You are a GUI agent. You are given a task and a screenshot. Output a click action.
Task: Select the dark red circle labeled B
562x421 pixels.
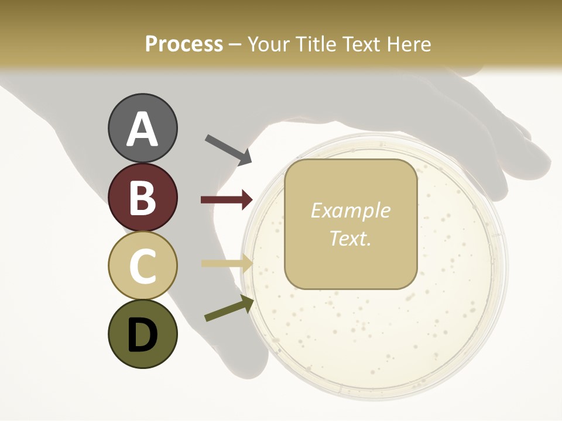pos(142,198)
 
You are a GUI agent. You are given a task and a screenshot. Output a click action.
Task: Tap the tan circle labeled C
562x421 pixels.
pos(142,266)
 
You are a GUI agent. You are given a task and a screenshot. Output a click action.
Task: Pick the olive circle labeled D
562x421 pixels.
pos(142,334)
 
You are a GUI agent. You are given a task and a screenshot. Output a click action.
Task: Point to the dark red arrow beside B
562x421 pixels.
pos(227,200)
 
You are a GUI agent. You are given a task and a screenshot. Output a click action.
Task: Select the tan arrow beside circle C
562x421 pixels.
pos(227,263)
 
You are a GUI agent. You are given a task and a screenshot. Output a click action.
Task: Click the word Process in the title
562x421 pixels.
pos(184,44)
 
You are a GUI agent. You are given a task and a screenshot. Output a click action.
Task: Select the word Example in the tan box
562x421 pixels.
pos(350,210)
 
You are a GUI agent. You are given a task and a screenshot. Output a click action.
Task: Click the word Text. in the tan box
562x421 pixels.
pos(350,239)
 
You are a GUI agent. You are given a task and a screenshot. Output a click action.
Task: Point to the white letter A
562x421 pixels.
pos(142,130)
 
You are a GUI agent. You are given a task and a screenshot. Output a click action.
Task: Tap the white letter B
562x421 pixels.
pos(142,198)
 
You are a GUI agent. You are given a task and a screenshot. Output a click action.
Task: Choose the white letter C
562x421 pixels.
pos(142,267)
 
